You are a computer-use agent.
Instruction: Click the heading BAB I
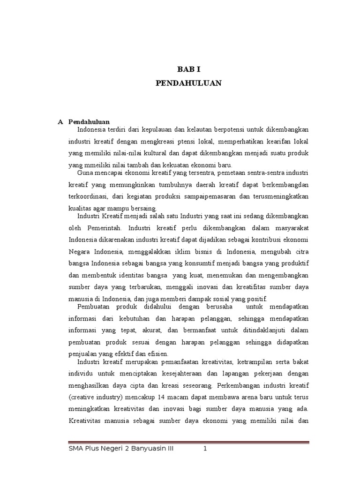coord(188,69)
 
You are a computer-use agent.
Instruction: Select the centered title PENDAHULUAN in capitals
coord(188,83)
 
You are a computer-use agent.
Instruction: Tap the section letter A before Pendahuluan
coord(60,121)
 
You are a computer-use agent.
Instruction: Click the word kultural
coord(152,153)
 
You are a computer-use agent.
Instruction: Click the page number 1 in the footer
coord(205,449)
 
